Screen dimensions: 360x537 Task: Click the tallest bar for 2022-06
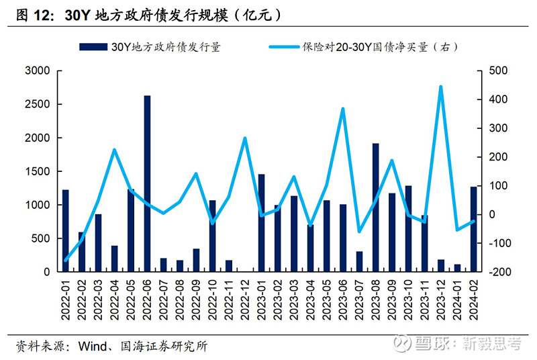pyautogui.click(x=147, y=183)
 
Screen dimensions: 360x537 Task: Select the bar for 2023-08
pyautogui.click(x=376, y=208)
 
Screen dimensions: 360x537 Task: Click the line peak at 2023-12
pyautogui.click(x=440, y=87)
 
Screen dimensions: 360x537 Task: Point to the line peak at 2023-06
pyautogui.click(x=343, y=108)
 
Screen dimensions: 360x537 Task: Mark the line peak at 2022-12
pyautogui.click(x=245, y=138)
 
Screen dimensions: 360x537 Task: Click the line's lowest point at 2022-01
pyautogui.click(x=65, y=261)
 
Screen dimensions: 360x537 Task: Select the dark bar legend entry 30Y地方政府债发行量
pyautogui.click(x=150, y=47)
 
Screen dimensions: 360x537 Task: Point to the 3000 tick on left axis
pyautogui.click(x=37, y=71)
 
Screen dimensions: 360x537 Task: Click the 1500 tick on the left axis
pyautogui.click(x=37, y=171)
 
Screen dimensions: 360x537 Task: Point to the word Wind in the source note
pyautogui.click(x=92, y=347)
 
